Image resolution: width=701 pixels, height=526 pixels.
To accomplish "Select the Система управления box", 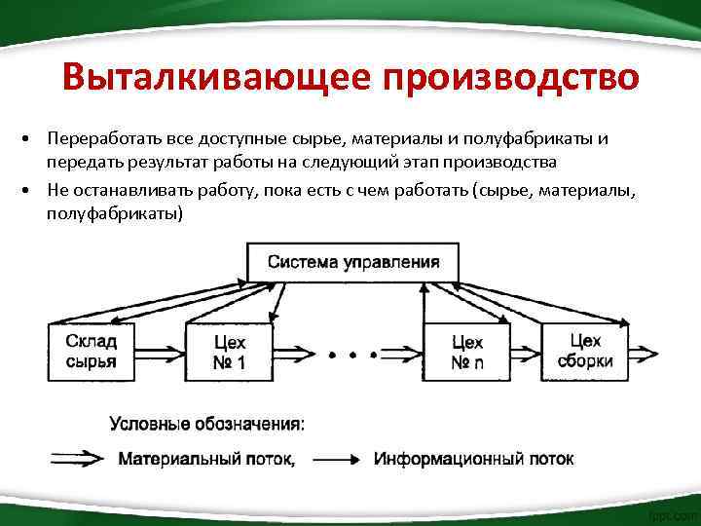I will [x=352, y=262].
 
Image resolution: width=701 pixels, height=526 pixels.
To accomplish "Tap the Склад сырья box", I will [x=92, y=351].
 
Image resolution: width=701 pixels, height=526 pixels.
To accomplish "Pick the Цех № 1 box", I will [x=230, y=351].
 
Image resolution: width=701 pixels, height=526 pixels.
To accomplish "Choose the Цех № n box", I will [x=467, y=351].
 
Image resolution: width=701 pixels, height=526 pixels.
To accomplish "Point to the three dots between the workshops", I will [x=352, y=356].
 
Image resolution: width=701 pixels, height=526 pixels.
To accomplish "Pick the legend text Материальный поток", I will [x=205, y=459].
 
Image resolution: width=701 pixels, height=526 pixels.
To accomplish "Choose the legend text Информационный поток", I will [x=474, y=459].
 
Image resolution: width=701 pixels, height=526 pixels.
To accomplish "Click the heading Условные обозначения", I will [x=206, y=424].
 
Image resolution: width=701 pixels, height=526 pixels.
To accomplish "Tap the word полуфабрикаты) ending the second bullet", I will [x=114, y=212].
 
